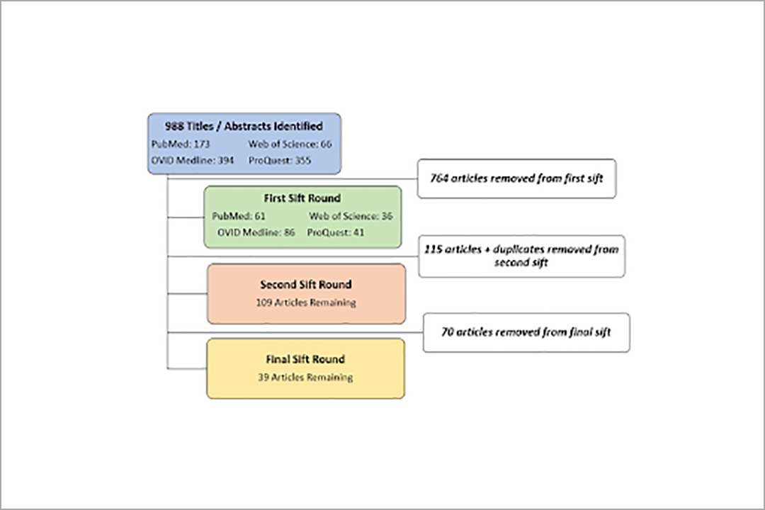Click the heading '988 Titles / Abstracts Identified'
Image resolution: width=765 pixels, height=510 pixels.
(244, 126)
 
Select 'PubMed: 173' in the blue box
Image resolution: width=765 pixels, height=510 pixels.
(181, 144)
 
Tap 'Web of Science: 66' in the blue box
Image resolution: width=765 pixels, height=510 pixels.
(290, 144)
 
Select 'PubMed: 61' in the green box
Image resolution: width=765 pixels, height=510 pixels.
(239, 216)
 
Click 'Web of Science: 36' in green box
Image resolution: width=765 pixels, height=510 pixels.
(351, 216)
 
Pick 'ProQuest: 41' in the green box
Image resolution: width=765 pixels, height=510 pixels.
(336, 232)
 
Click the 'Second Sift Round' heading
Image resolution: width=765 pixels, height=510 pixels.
(306, 285)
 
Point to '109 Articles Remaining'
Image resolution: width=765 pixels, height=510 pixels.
(306, 302)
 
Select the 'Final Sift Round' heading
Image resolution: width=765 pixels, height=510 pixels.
(306, 359)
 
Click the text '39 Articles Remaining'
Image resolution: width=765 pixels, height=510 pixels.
(306, 378)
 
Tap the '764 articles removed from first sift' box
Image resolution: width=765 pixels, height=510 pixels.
(516, 178)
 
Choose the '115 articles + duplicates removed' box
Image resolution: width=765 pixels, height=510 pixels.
(521, 256)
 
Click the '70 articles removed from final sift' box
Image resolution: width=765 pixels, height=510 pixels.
(526, 332)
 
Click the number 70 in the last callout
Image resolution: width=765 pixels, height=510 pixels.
(448, 332)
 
